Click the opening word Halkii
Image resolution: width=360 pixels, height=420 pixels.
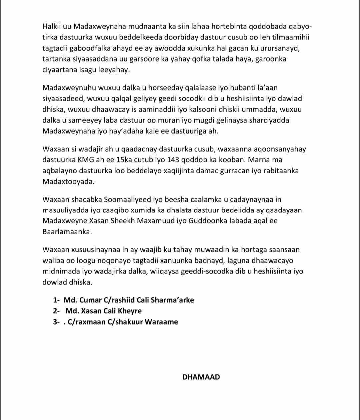[52, 27]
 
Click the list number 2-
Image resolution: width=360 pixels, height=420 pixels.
[56, 311]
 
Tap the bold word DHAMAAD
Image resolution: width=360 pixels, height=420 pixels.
[201, 377]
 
